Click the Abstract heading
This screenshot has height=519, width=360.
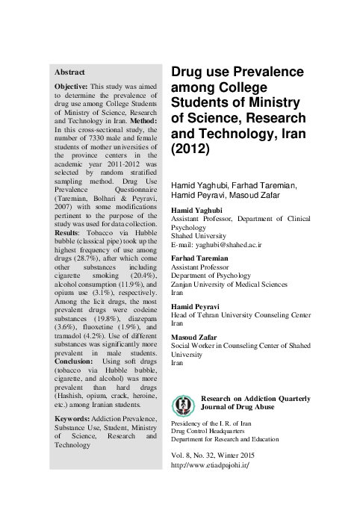pyautogui.click(x=70, y=72)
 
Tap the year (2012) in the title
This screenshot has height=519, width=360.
pyautogui.click(x=192, y=149)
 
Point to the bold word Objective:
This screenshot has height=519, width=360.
pyautogui.click(x=72, y=87)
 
